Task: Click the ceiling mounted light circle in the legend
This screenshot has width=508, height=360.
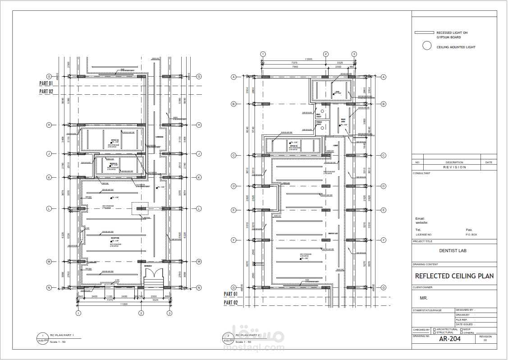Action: [427, 46]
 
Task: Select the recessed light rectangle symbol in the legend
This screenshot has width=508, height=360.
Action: [424, 33]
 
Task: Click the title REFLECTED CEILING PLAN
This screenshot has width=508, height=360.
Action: [454, 276]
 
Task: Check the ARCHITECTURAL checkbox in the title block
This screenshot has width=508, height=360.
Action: [434, 329]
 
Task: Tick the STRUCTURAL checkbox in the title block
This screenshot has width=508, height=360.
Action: [434, 333]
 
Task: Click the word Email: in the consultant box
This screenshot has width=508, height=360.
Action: [420, 219]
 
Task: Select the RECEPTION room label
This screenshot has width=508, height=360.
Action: [114, 238]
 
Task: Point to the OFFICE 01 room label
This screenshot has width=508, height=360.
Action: [114, 164]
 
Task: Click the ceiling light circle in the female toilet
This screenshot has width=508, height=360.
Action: [323, 127]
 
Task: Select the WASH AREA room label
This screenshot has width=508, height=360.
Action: [343, 120]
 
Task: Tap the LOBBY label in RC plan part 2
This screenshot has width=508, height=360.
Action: [336, 145]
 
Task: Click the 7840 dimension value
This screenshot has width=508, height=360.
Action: [295, 67]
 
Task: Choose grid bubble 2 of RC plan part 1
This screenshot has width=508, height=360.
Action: [141, 313]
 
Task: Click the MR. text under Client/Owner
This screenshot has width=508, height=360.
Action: [424, 299]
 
